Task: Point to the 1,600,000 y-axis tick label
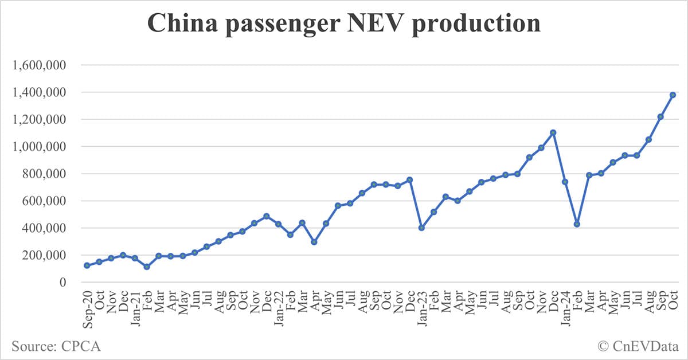38,65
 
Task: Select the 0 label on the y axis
62,283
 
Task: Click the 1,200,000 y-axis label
38,119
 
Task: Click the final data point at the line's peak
673,95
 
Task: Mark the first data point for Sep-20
87,265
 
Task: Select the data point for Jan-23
421,228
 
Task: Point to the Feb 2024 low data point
577,224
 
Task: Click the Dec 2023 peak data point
553,132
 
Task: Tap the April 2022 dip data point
314,242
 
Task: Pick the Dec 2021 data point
266,216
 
